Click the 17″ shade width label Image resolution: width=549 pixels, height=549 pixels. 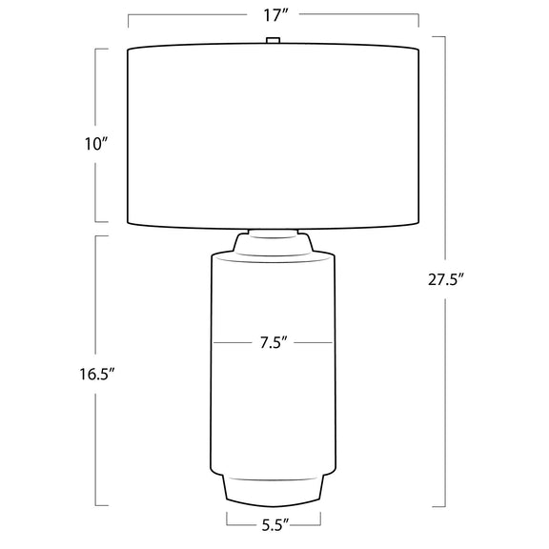coord(275,16)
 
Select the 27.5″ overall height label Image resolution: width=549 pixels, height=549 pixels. coord(446,279)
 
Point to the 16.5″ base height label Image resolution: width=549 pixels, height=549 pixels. coord(96,375)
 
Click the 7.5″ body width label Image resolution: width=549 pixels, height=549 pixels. coord(274,342)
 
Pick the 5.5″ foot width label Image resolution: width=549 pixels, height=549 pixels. coord(275,526)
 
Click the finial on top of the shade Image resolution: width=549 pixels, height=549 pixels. coord(274,40)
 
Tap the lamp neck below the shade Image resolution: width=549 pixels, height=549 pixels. coord(274,241)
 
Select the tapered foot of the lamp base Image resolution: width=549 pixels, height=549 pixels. coord(274,490)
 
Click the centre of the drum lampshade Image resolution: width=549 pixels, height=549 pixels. coord(274,136)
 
